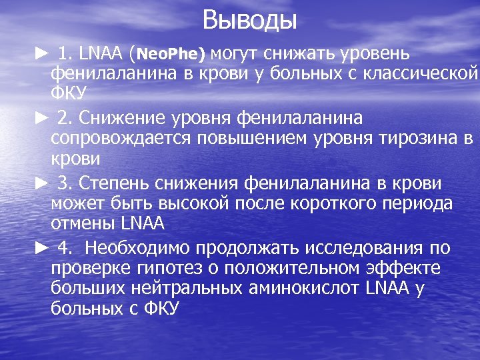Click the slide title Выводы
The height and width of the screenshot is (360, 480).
pyautogui.click(x=249, y=19)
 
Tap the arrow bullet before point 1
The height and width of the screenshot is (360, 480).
pyautogui.click(x=41, y=53)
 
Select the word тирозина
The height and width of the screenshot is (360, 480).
pyautogui.click(x=421, y=139)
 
